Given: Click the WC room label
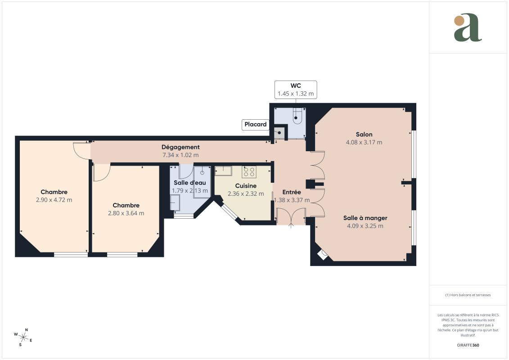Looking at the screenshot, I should pyautogui.click(x=296, y=85).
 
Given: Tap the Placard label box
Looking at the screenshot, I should pyautogui.click(x=255, y=125).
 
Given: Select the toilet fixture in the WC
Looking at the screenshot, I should pyautogui.click(x=297, y=117).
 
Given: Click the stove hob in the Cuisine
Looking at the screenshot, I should pyautogui.click(x=249, y=171).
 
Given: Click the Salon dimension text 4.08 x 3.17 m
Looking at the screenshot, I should pyautogui.click(x=364, y=142).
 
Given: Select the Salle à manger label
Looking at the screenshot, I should pyautogui.click(x=365, y=218).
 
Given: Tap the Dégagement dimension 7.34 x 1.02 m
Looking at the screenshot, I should pyautogui.click(x=180, y=155).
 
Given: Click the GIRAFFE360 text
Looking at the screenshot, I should pyautogui.click(x=468, y=345).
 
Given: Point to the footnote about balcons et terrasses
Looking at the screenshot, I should pyautogui.click(x=468, y=295).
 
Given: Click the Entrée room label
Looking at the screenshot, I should pyautogui.click(x=292, y=192).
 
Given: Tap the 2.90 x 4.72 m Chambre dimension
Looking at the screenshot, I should pyautogui.click(x=54, y=200).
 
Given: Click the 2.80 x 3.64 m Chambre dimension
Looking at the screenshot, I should pyautogui.click(x=126, y=213).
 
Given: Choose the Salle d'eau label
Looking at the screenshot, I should pyautogui.click(x=190, y=183).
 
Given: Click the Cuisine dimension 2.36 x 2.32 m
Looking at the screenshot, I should pyautogui.click(x=246, y=193).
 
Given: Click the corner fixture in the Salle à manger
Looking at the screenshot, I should pyautogui.click(x=323, y=255).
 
